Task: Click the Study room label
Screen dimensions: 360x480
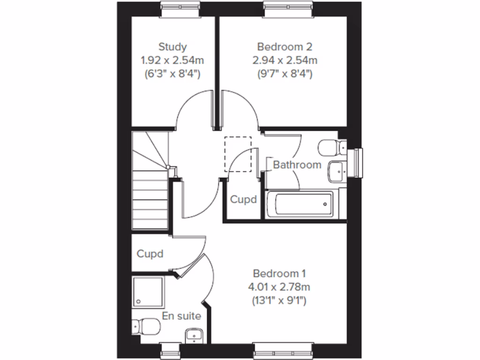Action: tap(172, 47)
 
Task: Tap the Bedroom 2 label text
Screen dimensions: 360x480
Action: tap(285, 47)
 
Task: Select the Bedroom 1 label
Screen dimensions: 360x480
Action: tap(279, 273)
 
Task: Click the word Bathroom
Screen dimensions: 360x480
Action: tap(297, 165)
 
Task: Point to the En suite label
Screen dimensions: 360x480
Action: tap(181, 316)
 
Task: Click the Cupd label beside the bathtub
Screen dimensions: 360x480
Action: tap(243, 200)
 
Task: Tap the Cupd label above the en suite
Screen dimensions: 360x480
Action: tap(150, 254)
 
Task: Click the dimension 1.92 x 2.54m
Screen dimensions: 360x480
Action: tap(172, 60)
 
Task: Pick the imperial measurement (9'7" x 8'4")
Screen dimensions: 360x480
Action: tap(285, 74)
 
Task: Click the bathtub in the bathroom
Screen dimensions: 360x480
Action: tap(300, 204)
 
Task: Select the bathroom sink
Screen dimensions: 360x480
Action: tap(337, 171)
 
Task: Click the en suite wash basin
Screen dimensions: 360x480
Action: tap(194, 336)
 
